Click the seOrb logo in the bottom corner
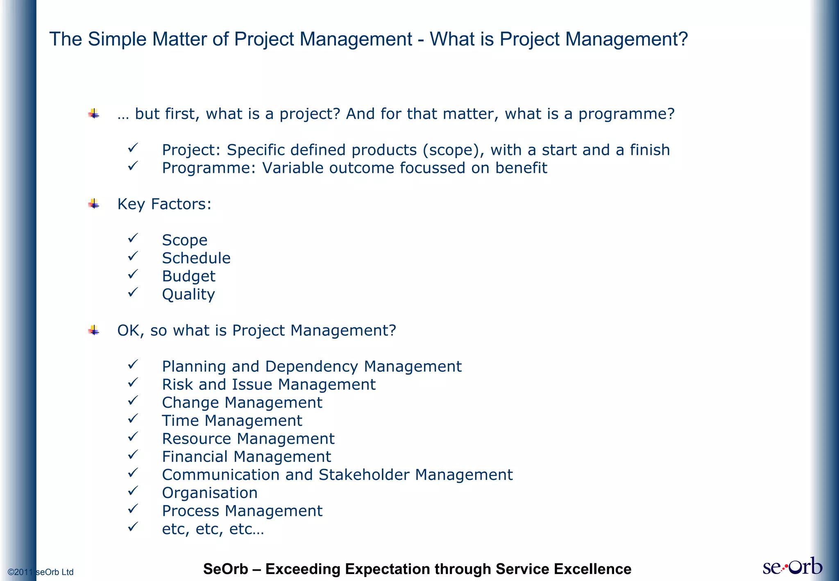(x=792, y=566)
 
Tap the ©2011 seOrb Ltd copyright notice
(x=41, y=572)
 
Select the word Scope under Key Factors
(x=184, y=240)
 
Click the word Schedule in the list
(x=196, y=258)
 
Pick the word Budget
(x=188, y=276)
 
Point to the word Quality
(x=188, y=295)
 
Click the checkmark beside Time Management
(x=133, y=419)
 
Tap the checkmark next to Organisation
(x=133, y=491)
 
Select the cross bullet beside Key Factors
(x=94, y=204)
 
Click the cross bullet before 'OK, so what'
(x=94, y=330)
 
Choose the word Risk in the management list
(x=177, y=384)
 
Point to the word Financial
(x=195, y=456)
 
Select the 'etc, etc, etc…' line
(x=213, y=529)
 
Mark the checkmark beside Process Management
(x=133, y=509)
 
